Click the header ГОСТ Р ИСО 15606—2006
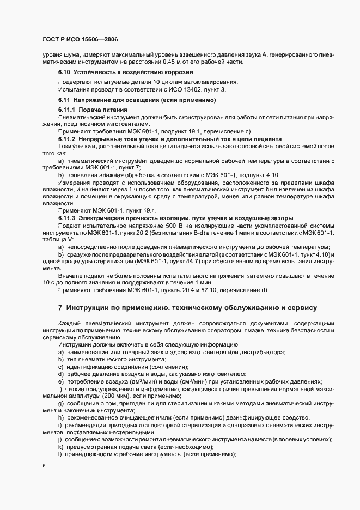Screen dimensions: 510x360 tap(80, 39)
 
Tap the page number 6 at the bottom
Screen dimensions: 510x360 tap(44, 466)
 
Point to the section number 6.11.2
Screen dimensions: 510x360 tap(67, 139)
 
